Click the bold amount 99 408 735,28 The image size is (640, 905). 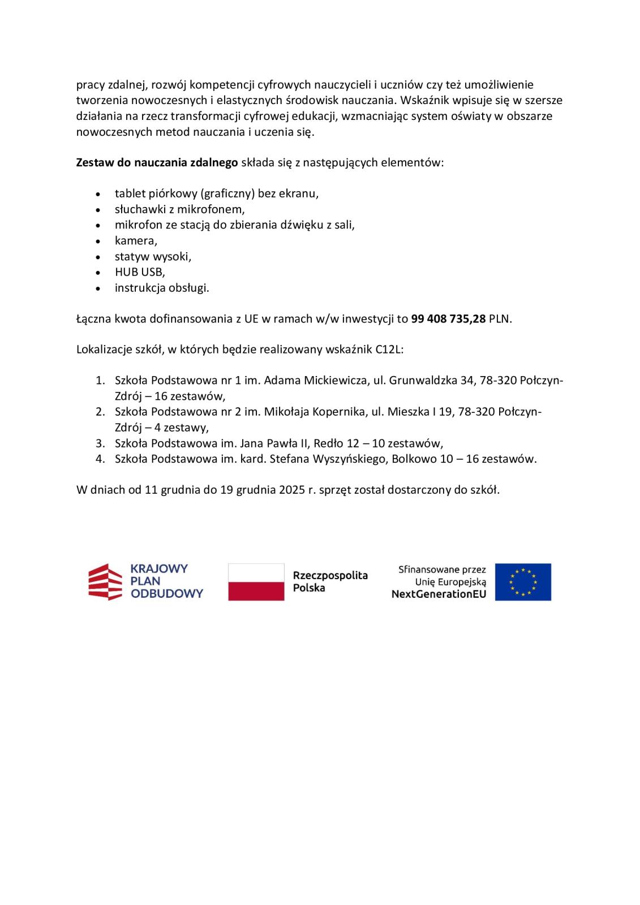(448, 318)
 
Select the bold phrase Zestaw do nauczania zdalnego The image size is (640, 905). (157, 163)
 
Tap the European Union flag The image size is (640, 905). (522, 581)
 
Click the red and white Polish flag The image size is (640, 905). (256, 581)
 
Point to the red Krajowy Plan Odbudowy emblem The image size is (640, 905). (105, 581)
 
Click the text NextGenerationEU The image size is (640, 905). (439, 594)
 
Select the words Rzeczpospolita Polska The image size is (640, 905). (330, 581)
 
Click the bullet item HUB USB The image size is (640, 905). (139, 272)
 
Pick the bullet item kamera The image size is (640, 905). (136, 240)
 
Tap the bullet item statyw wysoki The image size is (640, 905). (153, 256)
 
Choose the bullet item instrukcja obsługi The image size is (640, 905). (161, 288)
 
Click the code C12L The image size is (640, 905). (389, 350)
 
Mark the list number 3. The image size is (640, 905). (100, 443)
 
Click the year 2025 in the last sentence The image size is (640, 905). (292, 490)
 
